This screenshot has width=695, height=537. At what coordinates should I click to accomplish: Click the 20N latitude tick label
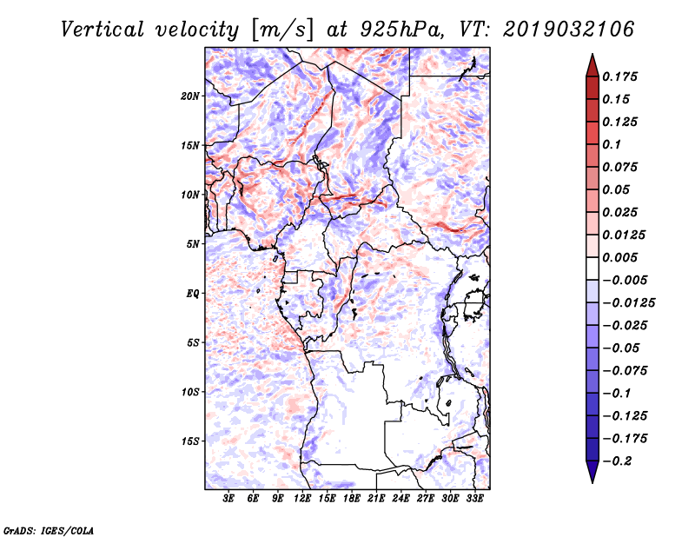coord(190,96)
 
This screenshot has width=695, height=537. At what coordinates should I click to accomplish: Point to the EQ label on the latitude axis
coord(193,294)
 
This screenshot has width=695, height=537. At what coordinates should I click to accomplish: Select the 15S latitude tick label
coord(190,441)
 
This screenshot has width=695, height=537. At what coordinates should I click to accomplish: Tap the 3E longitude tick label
coord(228,498)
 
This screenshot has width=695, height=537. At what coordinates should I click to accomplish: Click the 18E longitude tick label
coord(352,498)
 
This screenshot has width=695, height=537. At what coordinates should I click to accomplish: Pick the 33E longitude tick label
coord(474,498)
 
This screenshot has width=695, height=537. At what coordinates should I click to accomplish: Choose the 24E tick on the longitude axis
coord(400,498)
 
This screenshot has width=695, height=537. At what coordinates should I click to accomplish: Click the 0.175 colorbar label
coord(619,76)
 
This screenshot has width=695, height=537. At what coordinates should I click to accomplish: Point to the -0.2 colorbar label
coord(617,461)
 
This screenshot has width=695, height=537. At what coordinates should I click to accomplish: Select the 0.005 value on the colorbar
coord(619,257)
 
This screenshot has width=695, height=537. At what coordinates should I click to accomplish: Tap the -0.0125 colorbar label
coord(628,303)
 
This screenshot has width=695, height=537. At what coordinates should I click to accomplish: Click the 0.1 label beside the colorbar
coord(612,144)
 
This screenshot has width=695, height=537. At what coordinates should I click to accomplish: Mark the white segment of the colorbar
coord(592,268)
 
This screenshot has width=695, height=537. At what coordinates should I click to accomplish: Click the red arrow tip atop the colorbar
coord(592,54)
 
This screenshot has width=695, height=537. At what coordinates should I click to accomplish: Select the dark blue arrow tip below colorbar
coord(592,482)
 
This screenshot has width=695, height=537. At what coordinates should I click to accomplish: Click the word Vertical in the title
coord(103,30)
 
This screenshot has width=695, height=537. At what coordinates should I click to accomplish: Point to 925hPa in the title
coord(402,30)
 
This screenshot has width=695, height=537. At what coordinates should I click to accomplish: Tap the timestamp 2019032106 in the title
coord(569,30)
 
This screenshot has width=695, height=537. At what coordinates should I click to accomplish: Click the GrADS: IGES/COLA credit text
coord(49,530)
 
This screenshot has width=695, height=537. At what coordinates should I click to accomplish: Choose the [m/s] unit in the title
coord(282,30)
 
